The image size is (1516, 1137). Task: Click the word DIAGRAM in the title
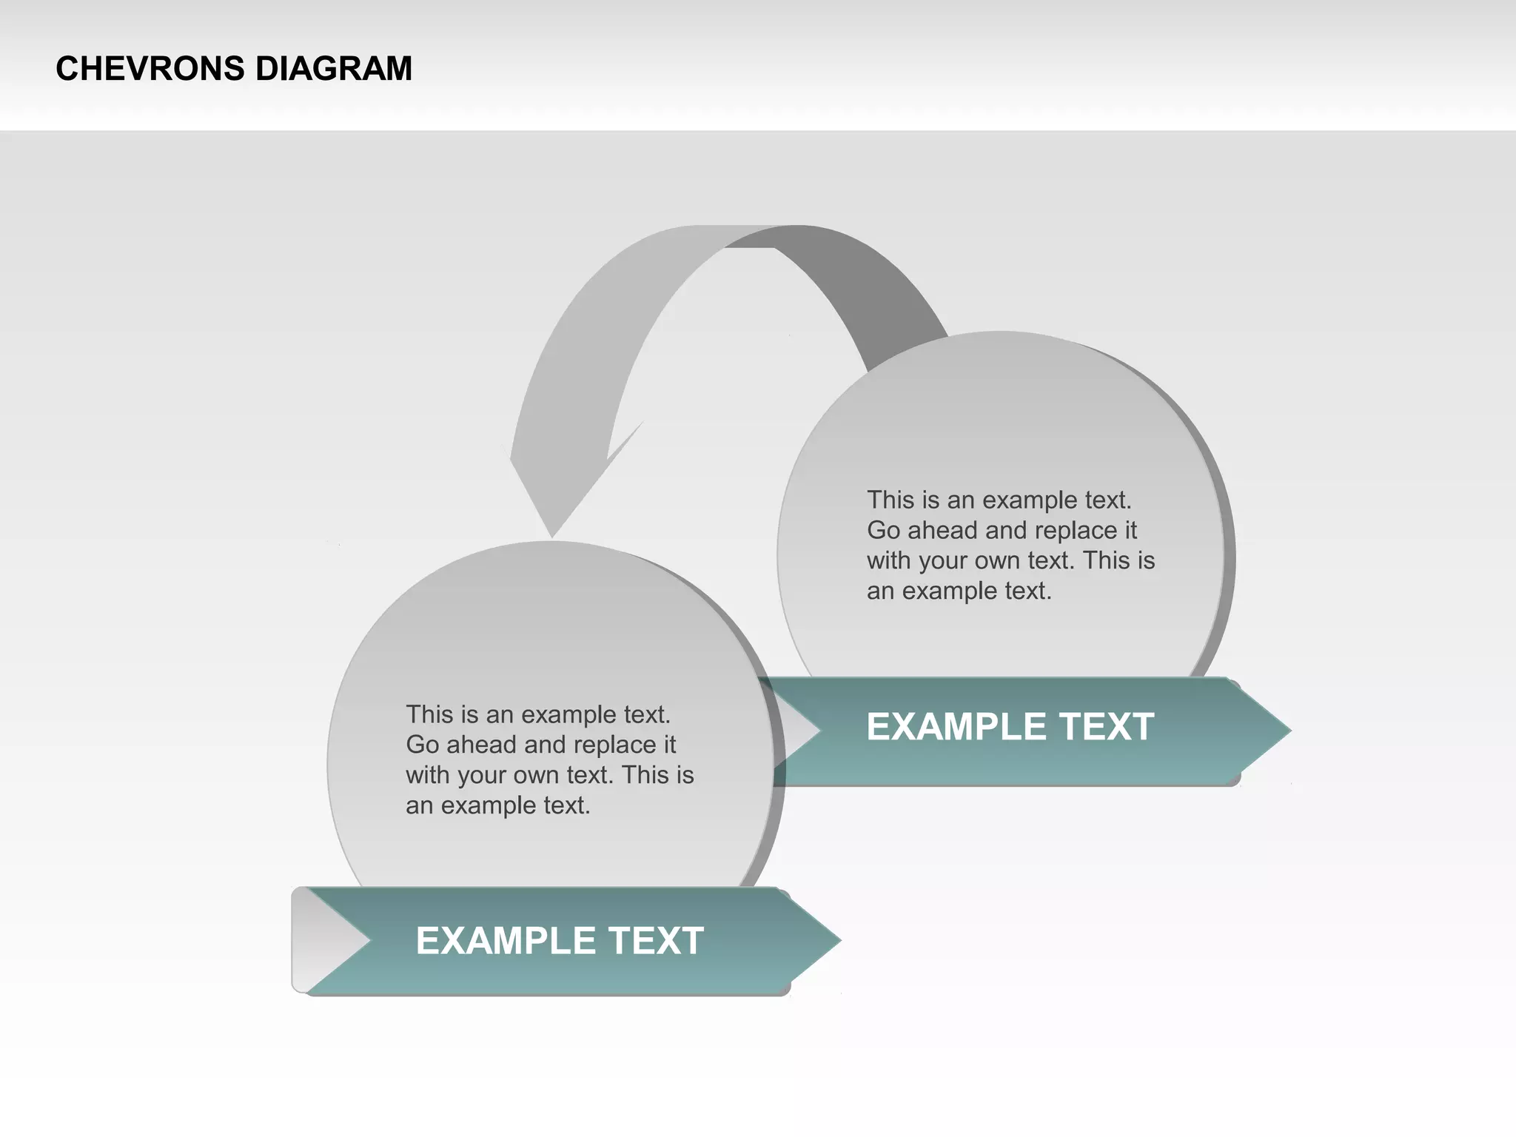coord(334,69)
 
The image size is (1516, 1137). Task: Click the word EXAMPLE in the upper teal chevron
coord(956,727)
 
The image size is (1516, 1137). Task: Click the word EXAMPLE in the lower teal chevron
coord(506,941)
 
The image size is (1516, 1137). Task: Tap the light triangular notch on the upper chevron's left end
coord(796,731)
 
